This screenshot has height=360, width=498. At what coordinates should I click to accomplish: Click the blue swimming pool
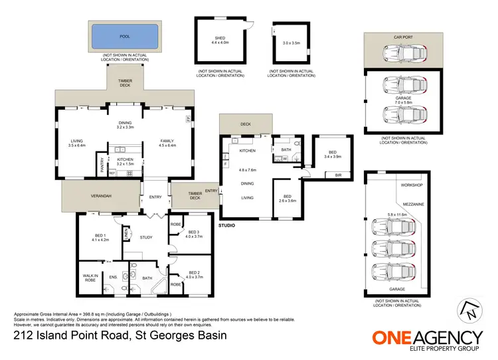coord(125,36)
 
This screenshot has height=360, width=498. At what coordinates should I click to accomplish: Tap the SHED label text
coord(220,38)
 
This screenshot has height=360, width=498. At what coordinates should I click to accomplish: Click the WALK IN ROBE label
coord(90,278)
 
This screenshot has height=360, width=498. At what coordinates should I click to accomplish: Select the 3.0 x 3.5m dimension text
coord(291,42)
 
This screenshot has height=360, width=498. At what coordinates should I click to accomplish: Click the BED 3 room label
coord(193,232)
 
